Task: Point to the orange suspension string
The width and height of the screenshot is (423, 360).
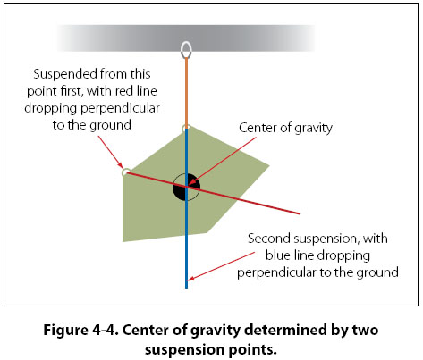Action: click(187, 93)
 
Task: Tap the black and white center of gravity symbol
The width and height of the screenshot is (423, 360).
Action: click(186, 187)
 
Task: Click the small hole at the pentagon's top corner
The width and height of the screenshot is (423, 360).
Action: click(185, 129)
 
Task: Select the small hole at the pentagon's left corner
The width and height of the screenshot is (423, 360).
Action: click(125, 172)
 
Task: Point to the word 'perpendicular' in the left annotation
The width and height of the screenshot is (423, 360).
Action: click(121, 109)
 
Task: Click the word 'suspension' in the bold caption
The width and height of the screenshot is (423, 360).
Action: click(184, 349)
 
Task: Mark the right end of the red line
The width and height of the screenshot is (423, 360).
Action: click(300, 213)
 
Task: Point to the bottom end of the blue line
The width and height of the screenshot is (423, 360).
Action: click(187, 288)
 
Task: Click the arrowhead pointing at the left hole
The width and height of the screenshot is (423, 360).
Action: click(120, 165)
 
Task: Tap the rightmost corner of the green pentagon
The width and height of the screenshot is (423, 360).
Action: click(269, 166)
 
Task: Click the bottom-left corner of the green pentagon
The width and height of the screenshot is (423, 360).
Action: click(123, 241)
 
